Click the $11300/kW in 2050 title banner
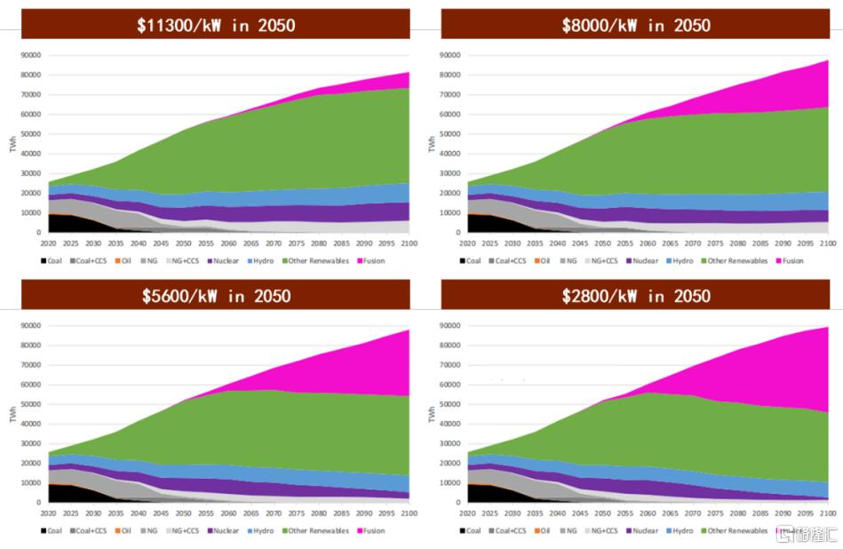tap(216, 25)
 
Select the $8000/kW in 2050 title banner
tap(635, 25)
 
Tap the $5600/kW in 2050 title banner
tap(216, 295)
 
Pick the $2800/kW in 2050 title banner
tap(635, 295)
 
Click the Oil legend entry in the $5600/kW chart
tap(126, 530)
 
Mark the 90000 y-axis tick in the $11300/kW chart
tap(31, 55)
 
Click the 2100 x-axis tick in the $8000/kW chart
tap(827, 242)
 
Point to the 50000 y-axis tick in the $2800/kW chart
tap(450, 404)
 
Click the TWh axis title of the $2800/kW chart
tap(433, 414)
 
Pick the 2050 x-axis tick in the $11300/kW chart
tap(182, 242)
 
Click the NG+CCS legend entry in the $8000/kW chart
tap(604, 260)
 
